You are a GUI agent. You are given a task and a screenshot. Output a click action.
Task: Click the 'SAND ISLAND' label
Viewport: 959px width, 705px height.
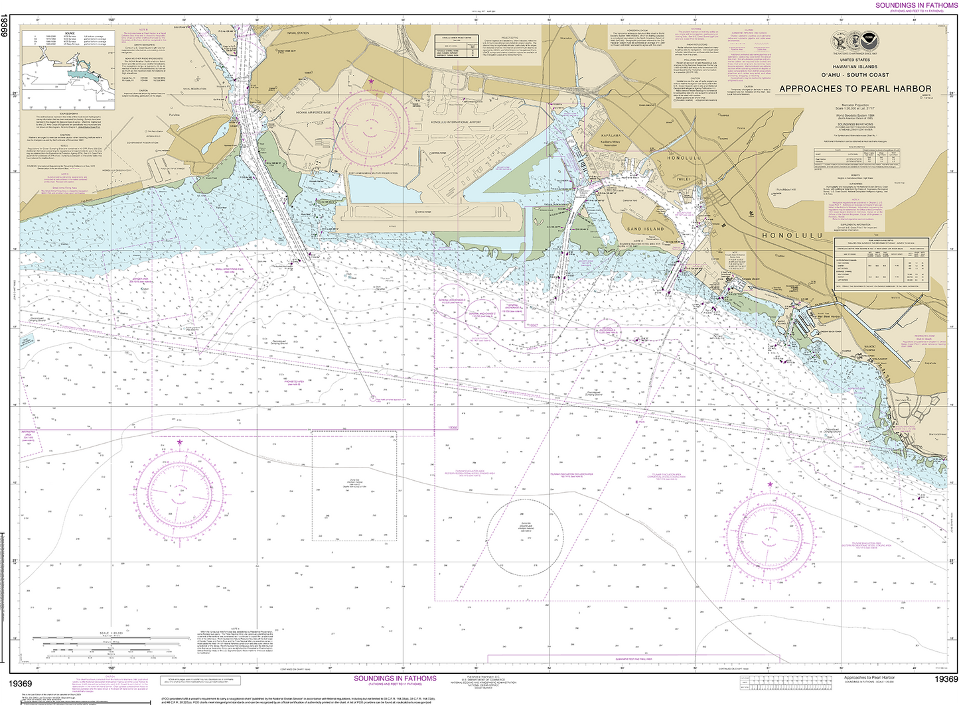coord(645,229)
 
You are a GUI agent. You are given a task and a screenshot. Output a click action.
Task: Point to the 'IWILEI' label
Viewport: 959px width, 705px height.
coord(684,179)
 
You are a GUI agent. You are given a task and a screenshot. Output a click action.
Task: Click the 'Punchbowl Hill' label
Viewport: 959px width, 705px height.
coord(786,190)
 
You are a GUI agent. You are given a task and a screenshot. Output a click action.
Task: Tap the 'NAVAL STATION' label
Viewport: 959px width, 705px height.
coord(298,33)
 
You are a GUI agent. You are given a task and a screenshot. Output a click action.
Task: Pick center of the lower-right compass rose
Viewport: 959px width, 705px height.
coord(770,535)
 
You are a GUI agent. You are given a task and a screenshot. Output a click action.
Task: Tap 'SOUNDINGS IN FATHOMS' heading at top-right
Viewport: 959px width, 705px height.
coord(916,5)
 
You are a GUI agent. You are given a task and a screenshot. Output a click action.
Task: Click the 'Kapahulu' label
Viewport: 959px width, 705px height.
coord(930,363)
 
